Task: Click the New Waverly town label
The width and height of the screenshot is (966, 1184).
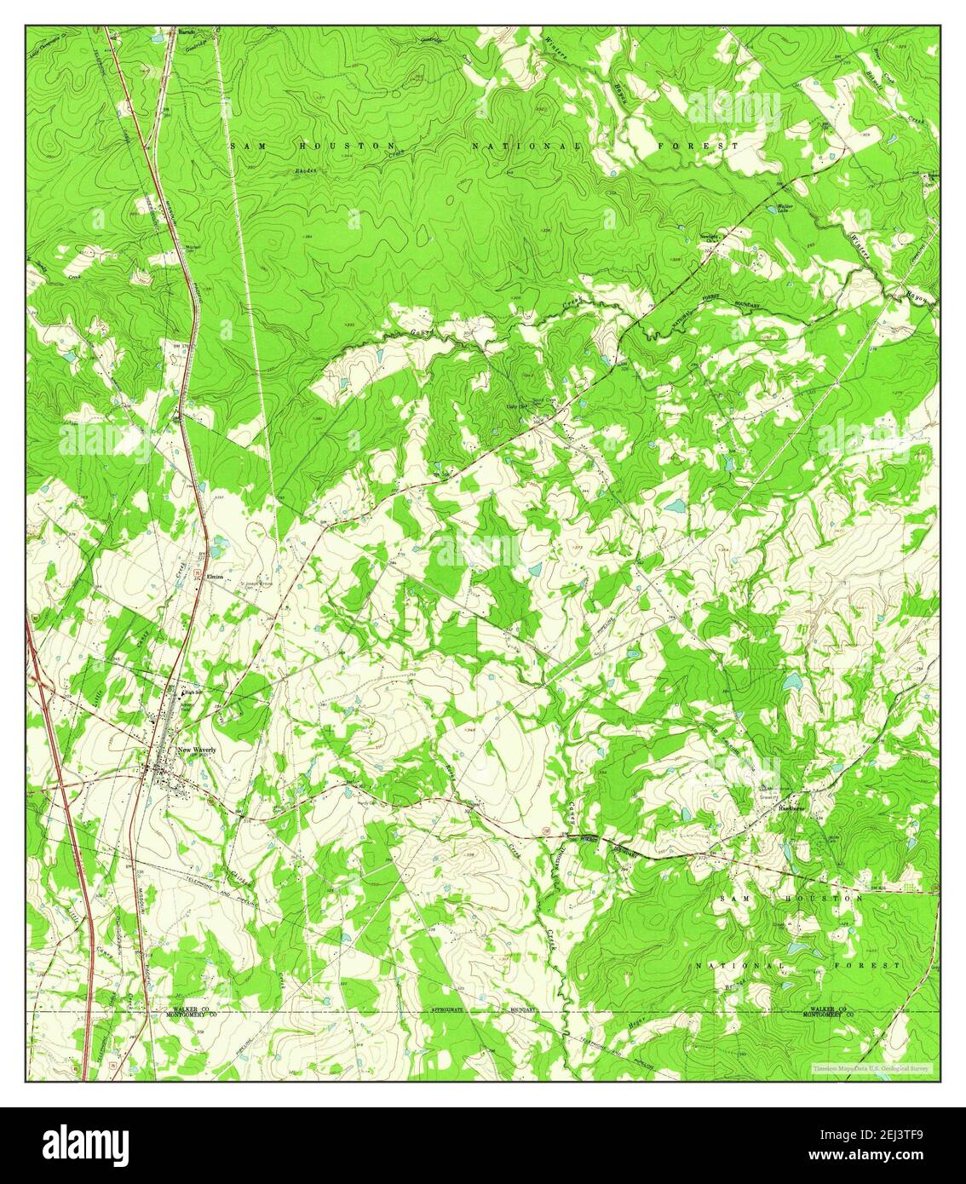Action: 197,750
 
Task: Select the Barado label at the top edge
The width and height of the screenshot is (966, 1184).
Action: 182,32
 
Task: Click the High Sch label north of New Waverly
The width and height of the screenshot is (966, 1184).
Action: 195,693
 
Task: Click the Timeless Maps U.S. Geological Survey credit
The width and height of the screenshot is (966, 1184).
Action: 871,1067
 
